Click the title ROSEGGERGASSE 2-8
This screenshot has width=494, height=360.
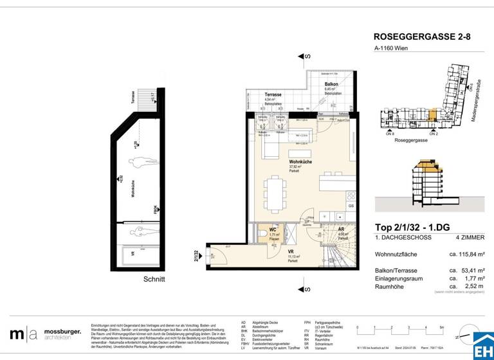[422, 37]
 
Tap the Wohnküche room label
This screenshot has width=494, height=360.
[300, 162]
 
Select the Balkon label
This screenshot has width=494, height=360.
[331, 84]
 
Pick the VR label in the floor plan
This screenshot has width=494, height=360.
[291, 251]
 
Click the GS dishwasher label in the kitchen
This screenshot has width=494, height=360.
[351, 206]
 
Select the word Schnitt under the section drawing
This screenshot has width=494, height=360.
[154, 279]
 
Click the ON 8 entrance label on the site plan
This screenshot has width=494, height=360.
[390, 134]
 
